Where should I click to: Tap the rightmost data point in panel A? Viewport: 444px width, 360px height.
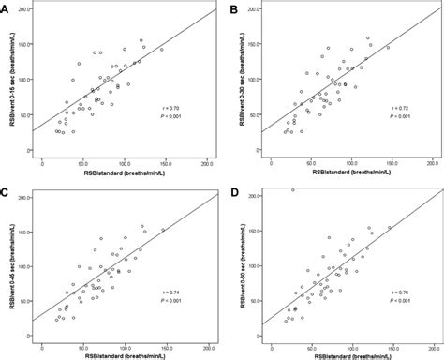(x=160, y=50)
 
